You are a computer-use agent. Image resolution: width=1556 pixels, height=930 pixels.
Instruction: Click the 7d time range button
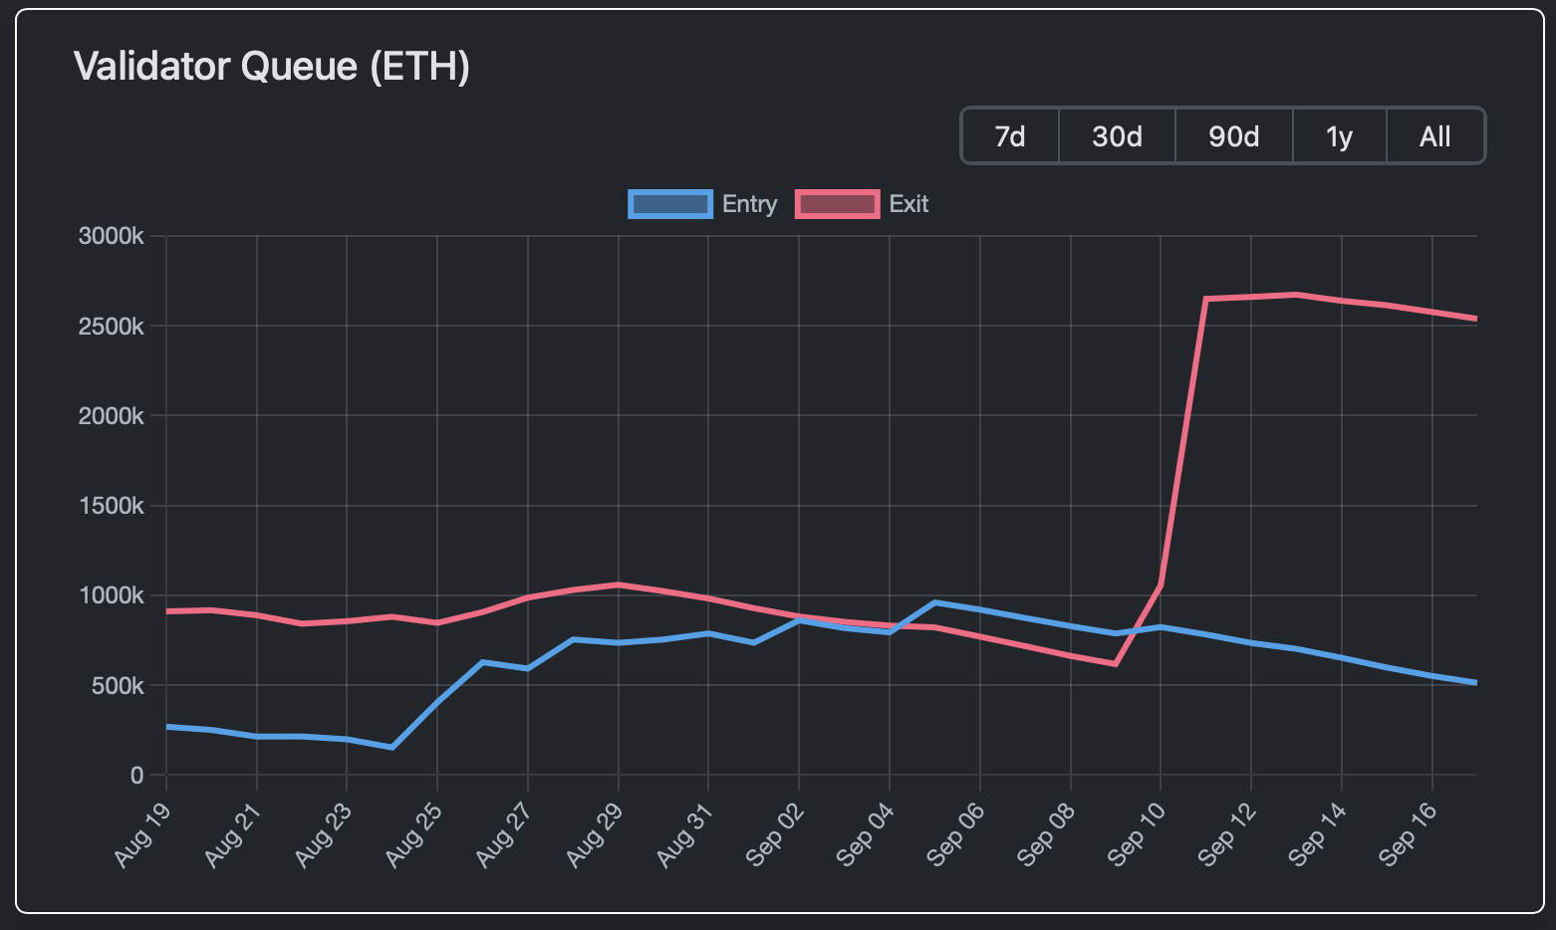[x=1010, y=135]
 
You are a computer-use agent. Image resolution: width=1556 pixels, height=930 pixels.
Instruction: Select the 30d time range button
[x=1117, y=135]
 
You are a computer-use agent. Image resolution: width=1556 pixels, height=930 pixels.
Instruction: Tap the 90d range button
[x=1233, y=135]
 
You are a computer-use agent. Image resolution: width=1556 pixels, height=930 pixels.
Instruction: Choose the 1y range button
[x=1339, y=135]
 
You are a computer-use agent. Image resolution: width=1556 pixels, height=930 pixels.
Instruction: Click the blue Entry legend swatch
[x=670, y=204]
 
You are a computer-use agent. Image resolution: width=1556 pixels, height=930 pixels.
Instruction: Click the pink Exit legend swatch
[x=838, y=204]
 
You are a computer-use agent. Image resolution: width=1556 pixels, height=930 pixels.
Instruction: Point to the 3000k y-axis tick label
[x=111, y=236]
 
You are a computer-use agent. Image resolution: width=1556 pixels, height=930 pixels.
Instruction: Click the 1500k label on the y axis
[x=111, y=506]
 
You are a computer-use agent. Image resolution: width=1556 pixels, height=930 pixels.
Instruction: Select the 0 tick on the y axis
[x=136, y=776]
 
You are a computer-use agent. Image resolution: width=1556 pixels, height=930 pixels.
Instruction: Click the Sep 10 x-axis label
[x=1137, y=834]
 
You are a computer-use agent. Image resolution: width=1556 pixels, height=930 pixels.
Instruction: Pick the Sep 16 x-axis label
[x=1409, y=834]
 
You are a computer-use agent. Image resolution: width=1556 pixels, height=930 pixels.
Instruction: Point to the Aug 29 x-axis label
[x=594, y=834]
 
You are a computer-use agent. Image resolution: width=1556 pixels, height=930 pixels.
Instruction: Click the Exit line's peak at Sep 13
[x=1296, y=295]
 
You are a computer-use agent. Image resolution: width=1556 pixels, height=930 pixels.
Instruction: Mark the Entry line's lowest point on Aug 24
[x=391, y=747]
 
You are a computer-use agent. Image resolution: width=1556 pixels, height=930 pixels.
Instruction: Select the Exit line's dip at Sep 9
[x=1115, y=664]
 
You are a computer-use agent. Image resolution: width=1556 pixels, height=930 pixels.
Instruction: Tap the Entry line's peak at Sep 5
[x=934, y=602]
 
